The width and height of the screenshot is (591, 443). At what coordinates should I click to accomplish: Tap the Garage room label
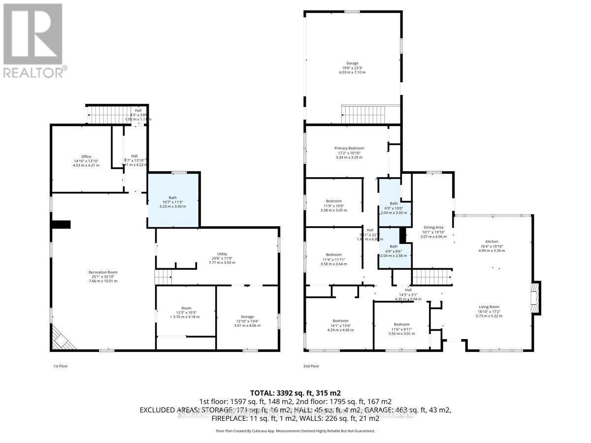click(x=352, y=67)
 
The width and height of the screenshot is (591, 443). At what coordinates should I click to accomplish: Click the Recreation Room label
click(x=103, y=276)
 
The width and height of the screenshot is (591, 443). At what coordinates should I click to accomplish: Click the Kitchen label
click(x=492, y=246)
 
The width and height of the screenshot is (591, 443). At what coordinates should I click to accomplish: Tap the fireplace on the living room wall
click(x=535, y=297)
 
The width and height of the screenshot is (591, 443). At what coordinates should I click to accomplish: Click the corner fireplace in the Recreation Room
click(x=61, y=339)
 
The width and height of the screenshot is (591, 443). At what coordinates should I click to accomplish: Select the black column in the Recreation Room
click(x=62, y=224)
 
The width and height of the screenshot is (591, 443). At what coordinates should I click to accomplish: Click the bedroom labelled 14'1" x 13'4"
click(x=340, y=325)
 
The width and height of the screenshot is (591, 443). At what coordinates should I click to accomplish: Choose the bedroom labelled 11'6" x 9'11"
click(x=401, y=328)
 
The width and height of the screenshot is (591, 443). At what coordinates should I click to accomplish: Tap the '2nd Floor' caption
click(x=311, y=366)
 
